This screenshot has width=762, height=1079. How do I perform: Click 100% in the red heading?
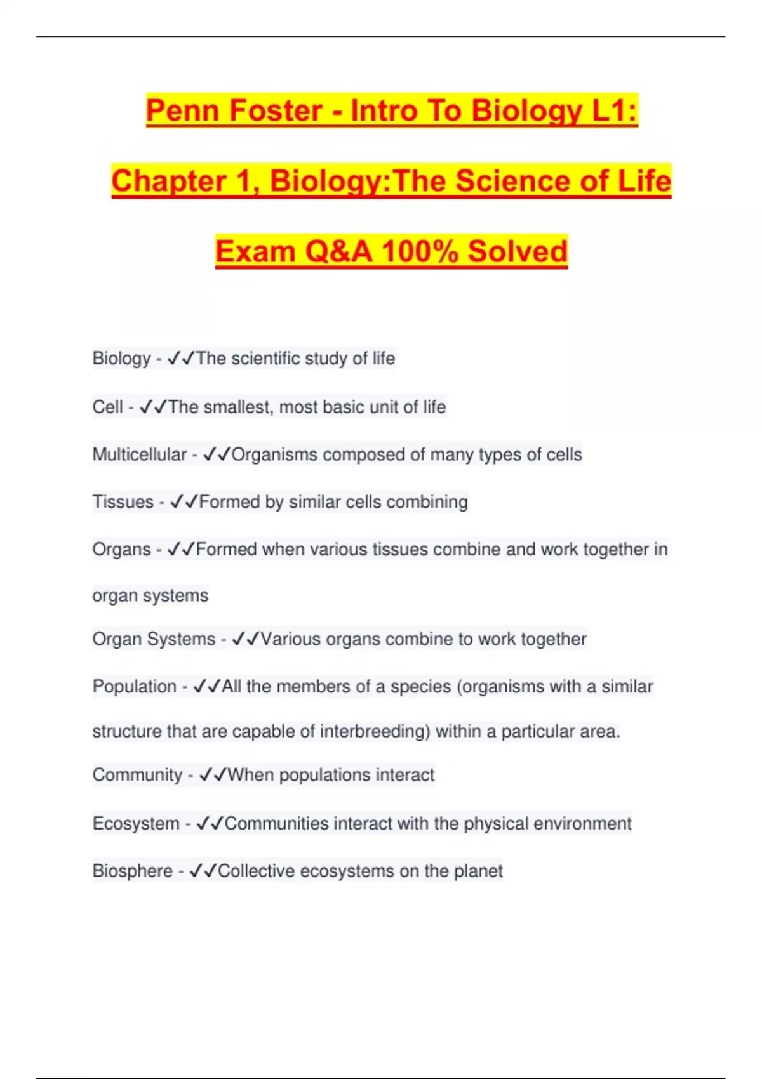(420, 251)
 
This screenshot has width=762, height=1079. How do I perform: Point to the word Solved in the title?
(518, 251)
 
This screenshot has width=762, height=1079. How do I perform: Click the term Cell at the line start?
(107, 407)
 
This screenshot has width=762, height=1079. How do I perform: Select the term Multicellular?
(140, 454)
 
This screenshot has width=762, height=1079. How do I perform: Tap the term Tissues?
(123, 502)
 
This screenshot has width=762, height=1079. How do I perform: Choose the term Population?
(135, 686)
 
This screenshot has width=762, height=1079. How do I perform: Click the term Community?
(137, 775)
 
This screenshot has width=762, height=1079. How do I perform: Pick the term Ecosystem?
(136, 823)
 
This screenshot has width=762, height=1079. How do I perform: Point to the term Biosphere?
(132, 871)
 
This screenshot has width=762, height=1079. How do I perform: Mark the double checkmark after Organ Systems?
(246, 639)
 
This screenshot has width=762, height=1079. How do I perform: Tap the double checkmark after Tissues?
(184, 502)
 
